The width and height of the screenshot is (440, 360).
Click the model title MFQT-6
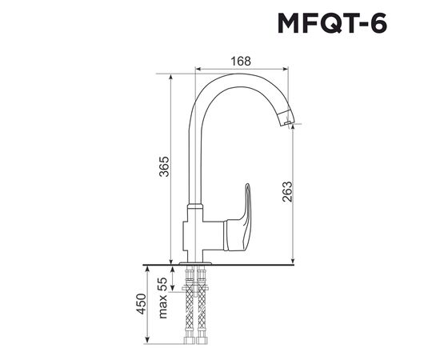[333, 23]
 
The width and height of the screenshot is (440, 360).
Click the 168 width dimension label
[241, 61]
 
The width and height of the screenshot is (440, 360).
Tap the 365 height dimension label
[164, 166]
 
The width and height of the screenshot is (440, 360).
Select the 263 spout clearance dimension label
[287, 192]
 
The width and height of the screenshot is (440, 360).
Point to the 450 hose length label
[141, 304]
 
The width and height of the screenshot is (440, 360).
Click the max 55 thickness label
[163, 298]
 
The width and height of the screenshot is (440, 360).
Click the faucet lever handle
[238, 222]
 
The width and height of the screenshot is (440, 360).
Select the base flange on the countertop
[195, 263]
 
